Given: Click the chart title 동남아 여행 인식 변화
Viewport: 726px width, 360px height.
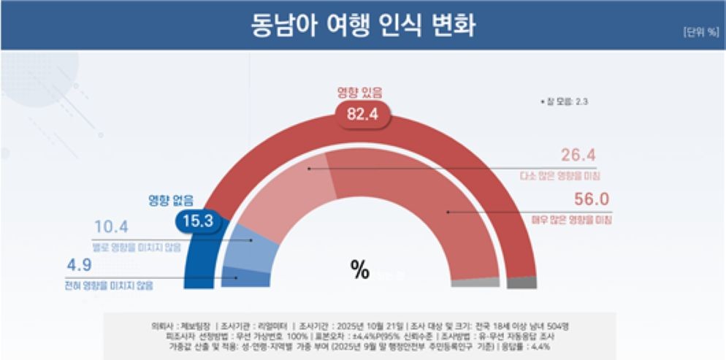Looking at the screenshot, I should [x=363, y=25].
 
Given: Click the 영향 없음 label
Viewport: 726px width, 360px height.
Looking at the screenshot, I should [x=172, y=199].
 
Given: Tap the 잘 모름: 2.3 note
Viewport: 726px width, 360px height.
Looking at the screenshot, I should [x=563, y=102].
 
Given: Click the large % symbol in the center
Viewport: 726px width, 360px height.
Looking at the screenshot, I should [x=359, y=270].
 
